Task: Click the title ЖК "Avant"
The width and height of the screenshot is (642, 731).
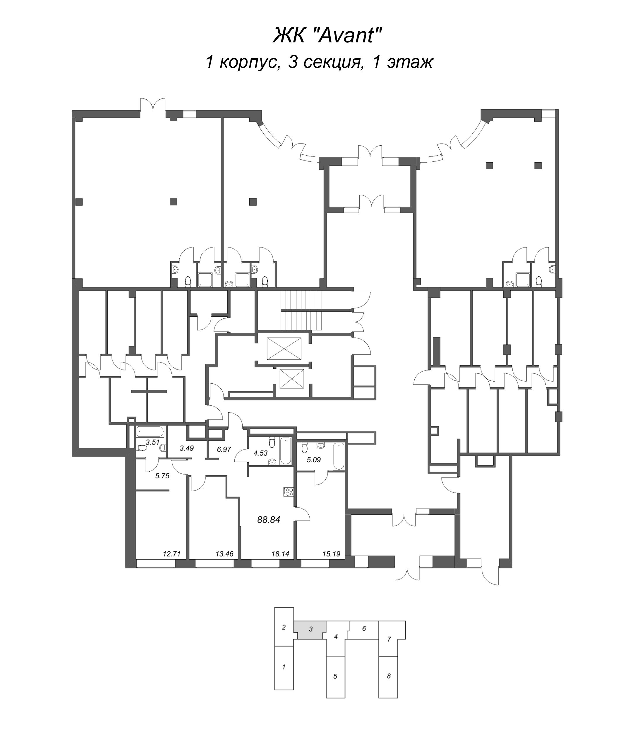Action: (327, 36)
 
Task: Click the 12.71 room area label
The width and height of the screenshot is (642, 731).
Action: (171, 554)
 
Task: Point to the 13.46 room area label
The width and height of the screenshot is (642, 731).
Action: (224, 554)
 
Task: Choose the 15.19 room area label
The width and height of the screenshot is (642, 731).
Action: (331, 554)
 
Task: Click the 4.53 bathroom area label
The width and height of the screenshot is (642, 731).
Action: (260, 453)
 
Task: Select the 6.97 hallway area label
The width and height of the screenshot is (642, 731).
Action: (224, 449)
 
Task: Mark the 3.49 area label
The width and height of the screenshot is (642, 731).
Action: (186, 449)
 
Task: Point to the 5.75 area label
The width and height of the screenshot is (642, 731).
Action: (162, 476)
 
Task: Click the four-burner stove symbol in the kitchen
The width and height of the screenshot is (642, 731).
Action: (288, 492)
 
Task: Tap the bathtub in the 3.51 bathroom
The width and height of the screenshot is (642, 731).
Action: (150, 432)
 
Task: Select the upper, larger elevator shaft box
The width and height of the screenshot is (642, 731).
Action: (284, 348)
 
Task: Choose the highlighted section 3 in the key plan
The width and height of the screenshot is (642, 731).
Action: (310, 629)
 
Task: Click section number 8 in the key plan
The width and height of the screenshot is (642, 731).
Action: (389, 676)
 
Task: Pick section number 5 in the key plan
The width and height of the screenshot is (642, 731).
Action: (335, 676)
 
